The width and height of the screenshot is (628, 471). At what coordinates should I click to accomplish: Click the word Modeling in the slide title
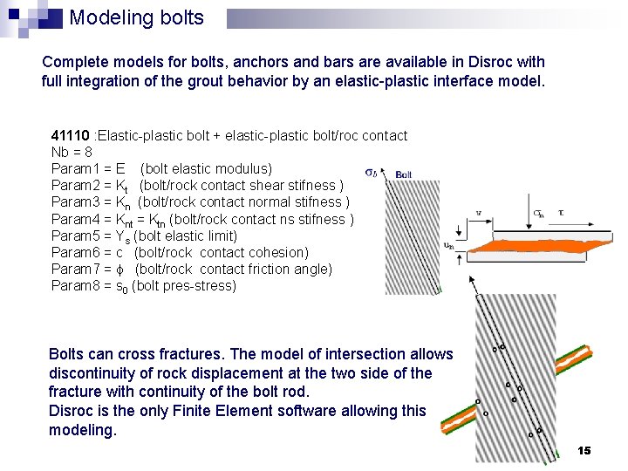pyautogui.click(x=105, y=18)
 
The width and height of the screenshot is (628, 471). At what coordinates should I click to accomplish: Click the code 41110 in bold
pyautogui.click(x=71, y=135)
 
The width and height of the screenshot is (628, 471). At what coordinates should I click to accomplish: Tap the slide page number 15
pyautogui.click(x=584, y=450)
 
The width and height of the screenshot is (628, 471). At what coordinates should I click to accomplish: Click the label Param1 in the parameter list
pyautogui.click(x=73, y=168)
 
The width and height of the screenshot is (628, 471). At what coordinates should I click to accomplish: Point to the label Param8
pyautogui.click(x=73, y=286)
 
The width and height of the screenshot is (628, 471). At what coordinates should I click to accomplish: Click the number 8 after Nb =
pyautogui.click(x=89, y=152)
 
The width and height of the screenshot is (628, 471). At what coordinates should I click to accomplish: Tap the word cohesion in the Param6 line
pyautogui.click(x=278, y=252)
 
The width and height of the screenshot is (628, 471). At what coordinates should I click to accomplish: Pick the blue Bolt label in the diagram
pyautogui.click(x=404, y=174)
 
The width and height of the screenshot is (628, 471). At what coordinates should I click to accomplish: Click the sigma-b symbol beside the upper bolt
pyautogui.click(x=371, y=173)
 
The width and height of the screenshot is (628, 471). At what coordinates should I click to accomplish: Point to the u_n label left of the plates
pyautogui.click(x=448, y=245)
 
